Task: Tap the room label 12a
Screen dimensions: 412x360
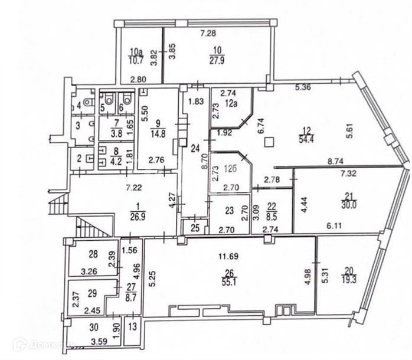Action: (x=229, y=102)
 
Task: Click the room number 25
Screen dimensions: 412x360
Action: (x=191, y=227)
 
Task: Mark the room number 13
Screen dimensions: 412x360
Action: (x=133, y=326)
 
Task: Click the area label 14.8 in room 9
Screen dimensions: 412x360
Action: (x=158, y=133)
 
